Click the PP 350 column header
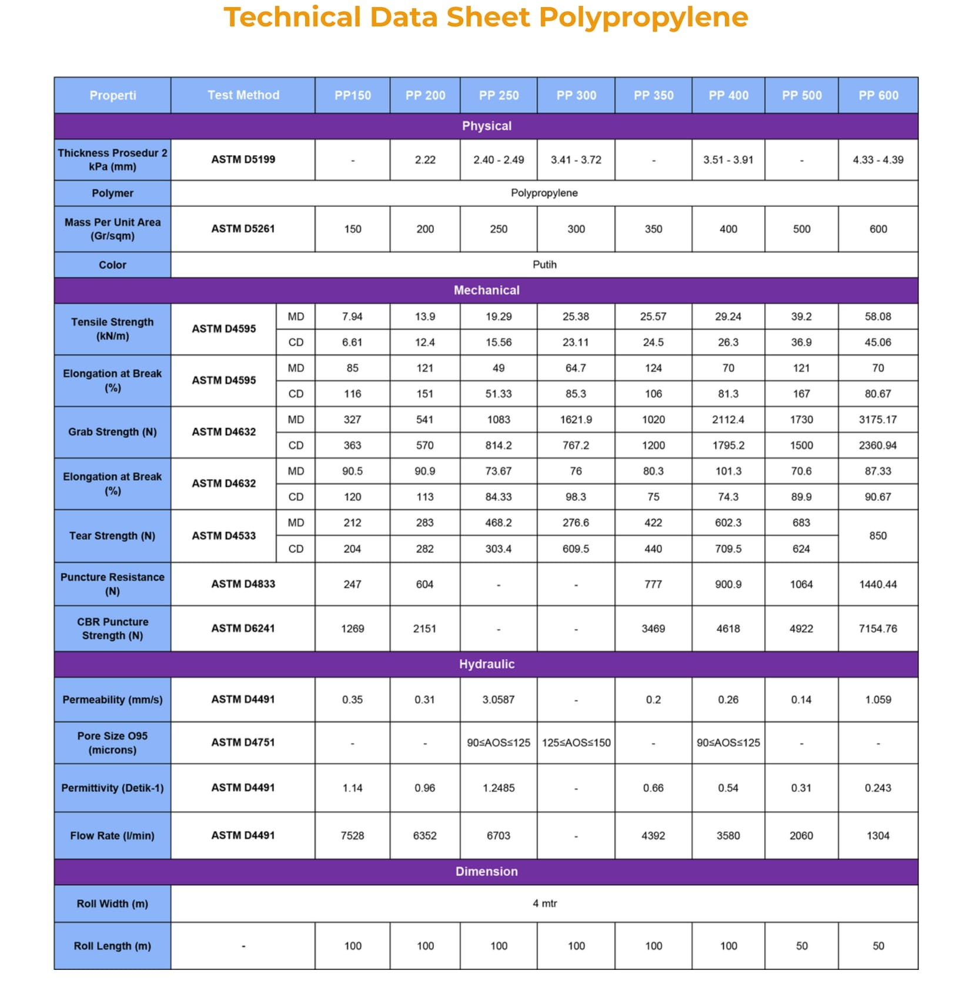pyautogui.click(x=653, y=95)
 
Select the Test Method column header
pyautogui.click(x=243, y=95)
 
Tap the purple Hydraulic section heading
pyautogui.click(x=486, y=664)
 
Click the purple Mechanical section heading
pyautogui.click(x=486, y=290)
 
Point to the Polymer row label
pyautogui.click(x=112, y=193)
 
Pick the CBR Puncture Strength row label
pyautogui.click(x=112, y=628)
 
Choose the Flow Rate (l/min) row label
pyautogui.click(x=112, y=835)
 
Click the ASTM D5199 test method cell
pyautogui.click(x=243, y=159)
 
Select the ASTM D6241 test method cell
pyautogui.click(x=243, y=628)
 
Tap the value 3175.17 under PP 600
pyautogui.click(x=878, y=420)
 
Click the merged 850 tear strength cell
pyautogui.click(x=878, y=535)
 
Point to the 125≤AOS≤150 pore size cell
pyautogui.click(x=576, y=742)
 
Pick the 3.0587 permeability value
pyautogui.click(x=498, y=699)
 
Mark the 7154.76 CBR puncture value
pyautogui.click(x=878, y=628)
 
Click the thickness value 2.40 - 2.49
pyautogui.click(x=499, y=159)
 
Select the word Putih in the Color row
pyautogui.click(x=544, y=265)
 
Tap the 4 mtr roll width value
pyautogui.click(x=544, y=903)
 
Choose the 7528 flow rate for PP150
pyautogui.click(x=352, y=835)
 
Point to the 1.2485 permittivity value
pyautogui.click(x=498, y=788)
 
